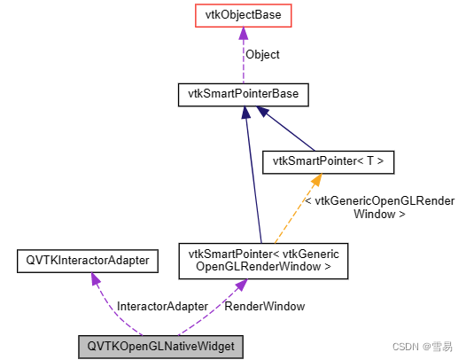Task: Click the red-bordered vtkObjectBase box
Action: [242, 15]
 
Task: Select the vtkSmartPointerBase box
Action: [243, 93]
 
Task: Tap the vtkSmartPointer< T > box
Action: [329, 162]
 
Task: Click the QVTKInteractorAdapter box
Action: [87, 260]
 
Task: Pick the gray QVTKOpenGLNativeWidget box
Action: [159, 346]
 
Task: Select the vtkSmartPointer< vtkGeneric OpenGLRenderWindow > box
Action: [258, 259]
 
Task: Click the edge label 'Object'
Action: [262, 54]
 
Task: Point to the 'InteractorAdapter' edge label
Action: [162, 306]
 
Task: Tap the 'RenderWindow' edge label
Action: [265, 306]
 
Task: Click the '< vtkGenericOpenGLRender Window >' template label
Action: [379, 207]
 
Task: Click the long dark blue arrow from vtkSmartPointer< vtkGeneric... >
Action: [252, 177]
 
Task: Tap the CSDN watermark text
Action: [423, 345]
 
